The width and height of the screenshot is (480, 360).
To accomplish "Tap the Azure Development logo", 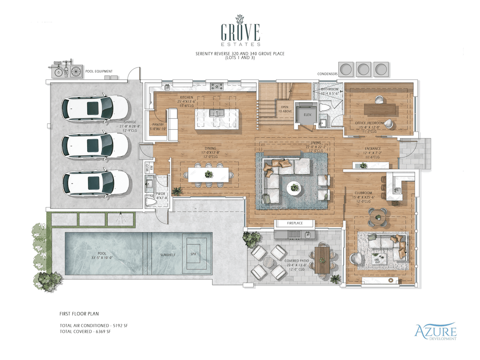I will click(x=436, y=331).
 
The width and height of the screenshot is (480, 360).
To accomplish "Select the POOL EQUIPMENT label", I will click(x=99, y=71).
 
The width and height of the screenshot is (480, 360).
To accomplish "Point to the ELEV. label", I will click(x=306, y=114).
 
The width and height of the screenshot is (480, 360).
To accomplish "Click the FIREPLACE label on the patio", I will click(x=294, y=223).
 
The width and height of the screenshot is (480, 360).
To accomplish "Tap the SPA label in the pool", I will click(x=193, y=255).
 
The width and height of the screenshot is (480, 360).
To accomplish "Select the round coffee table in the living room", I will click(x=293, y=187).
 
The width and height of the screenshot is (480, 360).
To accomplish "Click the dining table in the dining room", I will click(x=208, y=174).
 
